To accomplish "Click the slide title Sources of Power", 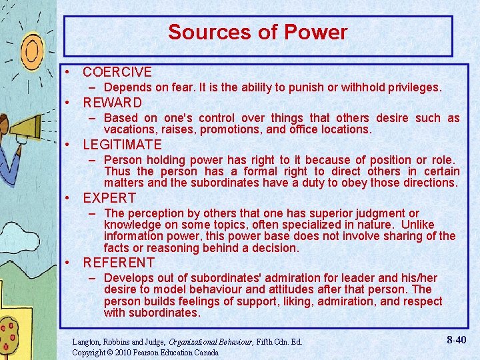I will pos(257,33).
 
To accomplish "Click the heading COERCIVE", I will pos(117,72).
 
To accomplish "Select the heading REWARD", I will pos(112,103).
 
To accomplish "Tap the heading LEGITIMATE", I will pos(122,145).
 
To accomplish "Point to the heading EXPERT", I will pos(109,198).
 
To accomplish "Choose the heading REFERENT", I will pos(119,263).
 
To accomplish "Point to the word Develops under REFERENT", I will pos(130,277).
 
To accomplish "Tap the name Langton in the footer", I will pos(87,342).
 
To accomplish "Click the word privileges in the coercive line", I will pos(412,87).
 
